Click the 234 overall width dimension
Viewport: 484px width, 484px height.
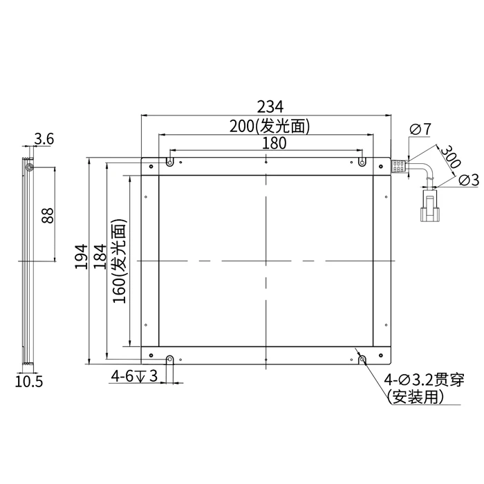tap(270, 106)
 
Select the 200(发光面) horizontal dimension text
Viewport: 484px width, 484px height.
tap(270, 127)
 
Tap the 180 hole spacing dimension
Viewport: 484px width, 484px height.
tap(274, 143)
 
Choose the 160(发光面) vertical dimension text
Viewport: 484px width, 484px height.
tap(120, 261)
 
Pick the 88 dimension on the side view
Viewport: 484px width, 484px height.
tap(48, 216)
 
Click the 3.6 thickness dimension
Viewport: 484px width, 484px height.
tap(44, 138)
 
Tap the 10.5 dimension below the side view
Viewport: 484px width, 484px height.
tap(29, 382)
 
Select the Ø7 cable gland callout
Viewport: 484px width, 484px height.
tap(420, 129)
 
